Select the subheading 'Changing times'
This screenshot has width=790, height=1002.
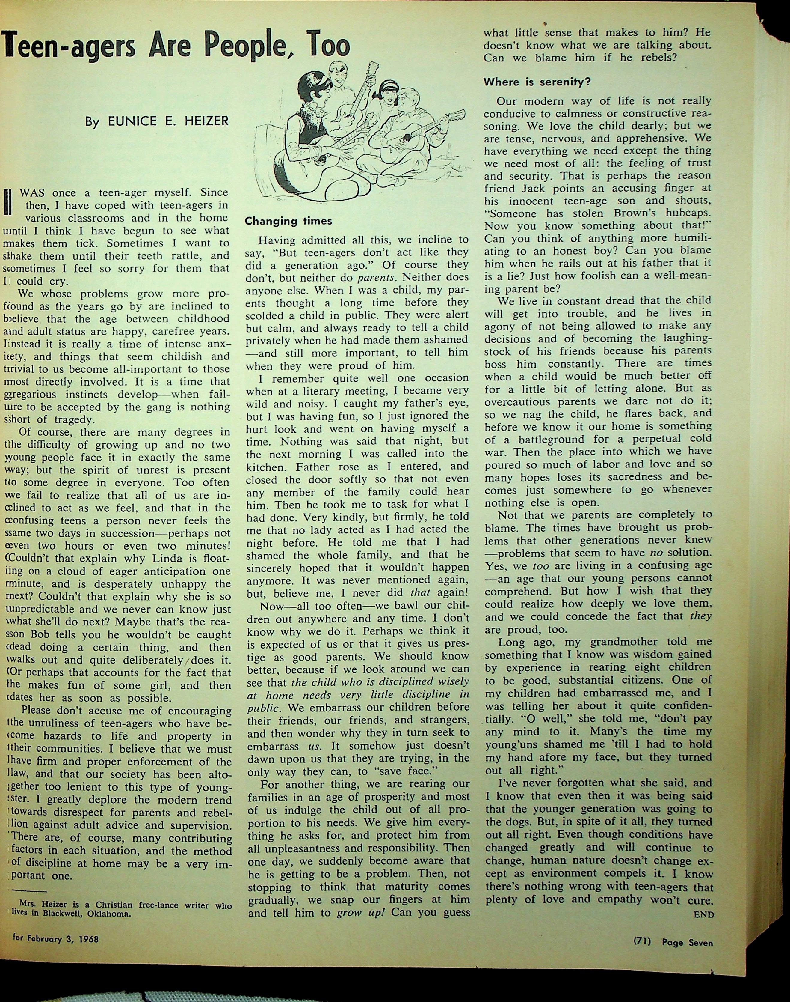click(288, 221)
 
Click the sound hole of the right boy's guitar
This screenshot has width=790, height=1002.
click(406, 137)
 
